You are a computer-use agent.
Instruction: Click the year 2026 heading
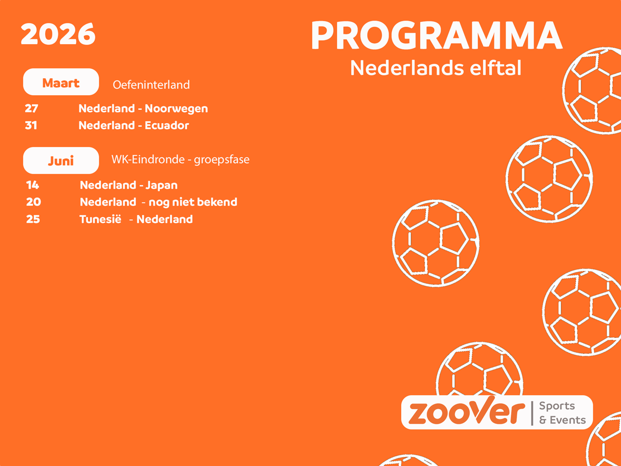[58, 34]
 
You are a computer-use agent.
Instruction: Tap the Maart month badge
[61, 83]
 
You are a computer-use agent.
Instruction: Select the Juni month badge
[61, 161]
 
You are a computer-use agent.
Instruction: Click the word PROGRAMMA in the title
[436, 36]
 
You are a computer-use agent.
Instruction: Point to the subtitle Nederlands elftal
[436, 68]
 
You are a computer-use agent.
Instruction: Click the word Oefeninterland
[151, 85]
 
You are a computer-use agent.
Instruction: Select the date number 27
[32, 109]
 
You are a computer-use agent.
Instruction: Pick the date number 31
[31, 125]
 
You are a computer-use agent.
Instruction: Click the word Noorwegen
[176, 109]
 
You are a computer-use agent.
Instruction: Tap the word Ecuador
[167, 125]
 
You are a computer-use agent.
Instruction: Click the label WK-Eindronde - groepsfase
[180, 160]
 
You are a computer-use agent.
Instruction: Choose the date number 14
[33, 185]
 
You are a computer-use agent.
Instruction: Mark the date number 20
[33, 202]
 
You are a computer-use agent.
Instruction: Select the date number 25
[33, 219]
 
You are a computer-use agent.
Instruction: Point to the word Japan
[162, 185]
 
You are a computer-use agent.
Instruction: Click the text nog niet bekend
[193, 202]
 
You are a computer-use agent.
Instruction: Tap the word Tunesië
[100, 219]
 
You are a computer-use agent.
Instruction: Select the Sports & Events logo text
[562, 413]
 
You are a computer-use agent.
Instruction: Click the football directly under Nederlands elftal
[436, 243]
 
